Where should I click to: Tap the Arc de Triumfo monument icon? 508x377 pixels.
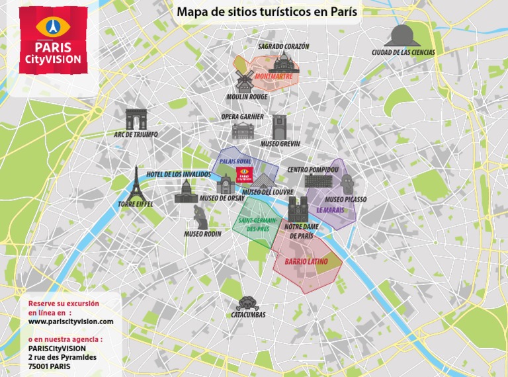point(136,119)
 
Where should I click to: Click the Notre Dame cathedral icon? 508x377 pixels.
point(299,210)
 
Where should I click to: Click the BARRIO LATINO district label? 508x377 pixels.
point(306,261)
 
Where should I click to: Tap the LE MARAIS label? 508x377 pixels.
point(329,210)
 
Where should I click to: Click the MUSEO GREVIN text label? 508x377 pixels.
point(280,144)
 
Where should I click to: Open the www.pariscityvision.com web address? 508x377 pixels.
point(71,321)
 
